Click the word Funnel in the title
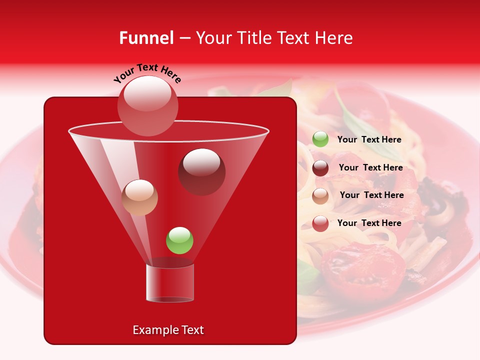146,38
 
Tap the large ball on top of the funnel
147,105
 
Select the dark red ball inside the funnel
201,171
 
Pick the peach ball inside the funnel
139,197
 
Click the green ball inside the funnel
179,240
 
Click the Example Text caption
168,330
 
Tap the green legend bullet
320,139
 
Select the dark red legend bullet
320,168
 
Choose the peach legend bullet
320,196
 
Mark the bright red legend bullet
320,223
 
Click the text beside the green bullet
369,139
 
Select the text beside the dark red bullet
370,167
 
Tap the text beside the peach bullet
371,195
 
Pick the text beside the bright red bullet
369,223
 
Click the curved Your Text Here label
147,73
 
